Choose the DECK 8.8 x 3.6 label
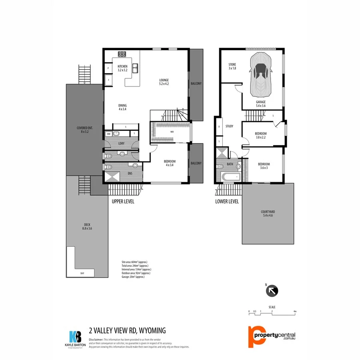pos(87,226)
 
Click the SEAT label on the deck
pos(82,273)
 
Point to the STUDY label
pos(229,126)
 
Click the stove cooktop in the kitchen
pos(122,55)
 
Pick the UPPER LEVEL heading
pos(123,202)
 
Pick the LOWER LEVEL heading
pos(227,202)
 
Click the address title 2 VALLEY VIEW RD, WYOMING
pos(127,330)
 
